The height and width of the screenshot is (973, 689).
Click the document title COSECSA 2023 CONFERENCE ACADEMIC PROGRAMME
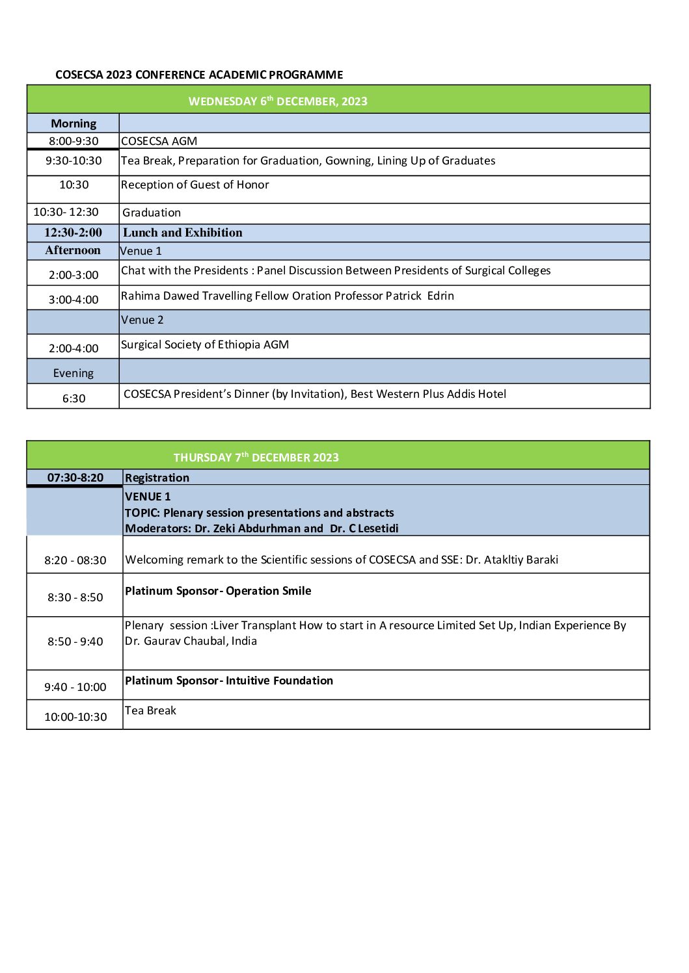199,75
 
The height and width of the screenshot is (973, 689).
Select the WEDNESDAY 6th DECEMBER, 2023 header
278,101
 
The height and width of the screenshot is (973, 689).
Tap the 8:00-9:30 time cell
74,141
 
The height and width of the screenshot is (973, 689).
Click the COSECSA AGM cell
159,141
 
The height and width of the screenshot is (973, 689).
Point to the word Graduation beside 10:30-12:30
152,213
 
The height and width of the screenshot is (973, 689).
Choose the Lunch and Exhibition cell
183,233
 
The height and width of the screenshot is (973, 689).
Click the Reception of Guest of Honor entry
195,185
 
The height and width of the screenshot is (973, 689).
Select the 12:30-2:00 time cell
73,233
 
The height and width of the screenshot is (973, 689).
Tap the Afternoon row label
73,250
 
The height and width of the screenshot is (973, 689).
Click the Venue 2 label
142,320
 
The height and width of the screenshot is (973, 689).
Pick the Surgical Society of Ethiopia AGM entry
205,344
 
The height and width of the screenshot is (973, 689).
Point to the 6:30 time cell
74,398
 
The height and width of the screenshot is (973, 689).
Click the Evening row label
74,373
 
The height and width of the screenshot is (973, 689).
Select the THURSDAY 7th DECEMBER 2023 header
256,457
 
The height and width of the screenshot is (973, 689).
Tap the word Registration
157,478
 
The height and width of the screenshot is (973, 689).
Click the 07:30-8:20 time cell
75,478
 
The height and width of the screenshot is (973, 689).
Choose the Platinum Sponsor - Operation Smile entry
218,591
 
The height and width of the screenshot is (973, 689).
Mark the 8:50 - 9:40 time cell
75,642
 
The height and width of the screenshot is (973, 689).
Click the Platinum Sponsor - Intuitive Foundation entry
229,681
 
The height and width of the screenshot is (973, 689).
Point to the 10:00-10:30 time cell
75,717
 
